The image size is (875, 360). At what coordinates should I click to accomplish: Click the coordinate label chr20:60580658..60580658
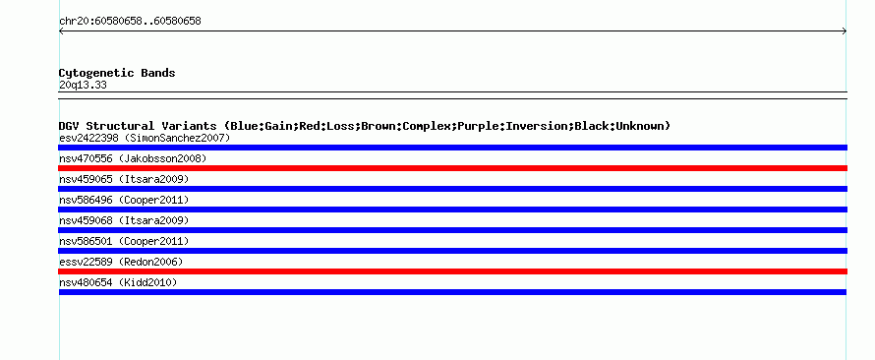tap(130, 22)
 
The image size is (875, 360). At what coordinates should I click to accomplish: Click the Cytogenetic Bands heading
tap(117, 73)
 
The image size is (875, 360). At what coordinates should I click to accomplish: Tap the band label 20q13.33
tap(83, 86)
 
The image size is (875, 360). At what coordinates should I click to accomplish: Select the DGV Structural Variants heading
tap(365, 126)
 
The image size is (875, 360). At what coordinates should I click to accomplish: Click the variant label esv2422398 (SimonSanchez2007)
tap(145, 138)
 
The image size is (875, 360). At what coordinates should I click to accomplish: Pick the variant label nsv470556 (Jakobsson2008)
tap(133, 158)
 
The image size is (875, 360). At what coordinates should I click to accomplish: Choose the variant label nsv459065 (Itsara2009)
tap(124, 179)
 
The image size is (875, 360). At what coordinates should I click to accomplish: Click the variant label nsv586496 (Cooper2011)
tap(124, 200)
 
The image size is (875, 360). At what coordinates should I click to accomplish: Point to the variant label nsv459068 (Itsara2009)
tap(124, 220)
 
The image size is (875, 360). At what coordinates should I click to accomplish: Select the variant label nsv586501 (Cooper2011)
tap(124, 241)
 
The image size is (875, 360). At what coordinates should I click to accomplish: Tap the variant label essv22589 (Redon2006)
tap(121, 262)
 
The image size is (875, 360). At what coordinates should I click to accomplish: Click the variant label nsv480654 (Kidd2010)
tap(118, 282)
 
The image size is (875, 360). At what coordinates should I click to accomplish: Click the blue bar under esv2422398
tap(452, 148)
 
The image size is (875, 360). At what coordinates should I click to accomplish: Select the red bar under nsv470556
tap(452, 168)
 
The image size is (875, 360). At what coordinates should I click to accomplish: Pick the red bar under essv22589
tap(452, 271)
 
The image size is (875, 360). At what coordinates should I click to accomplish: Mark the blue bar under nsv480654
tap(452, 292)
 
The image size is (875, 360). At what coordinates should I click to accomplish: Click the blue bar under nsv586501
tap(452, 251)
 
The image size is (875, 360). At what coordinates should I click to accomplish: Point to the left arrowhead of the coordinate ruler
tap(59, 31)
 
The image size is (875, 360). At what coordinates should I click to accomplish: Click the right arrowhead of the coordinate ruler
tap(846, 31)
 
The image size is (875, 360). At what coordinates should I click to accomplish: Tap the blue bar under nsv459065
tap(452, 189)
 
